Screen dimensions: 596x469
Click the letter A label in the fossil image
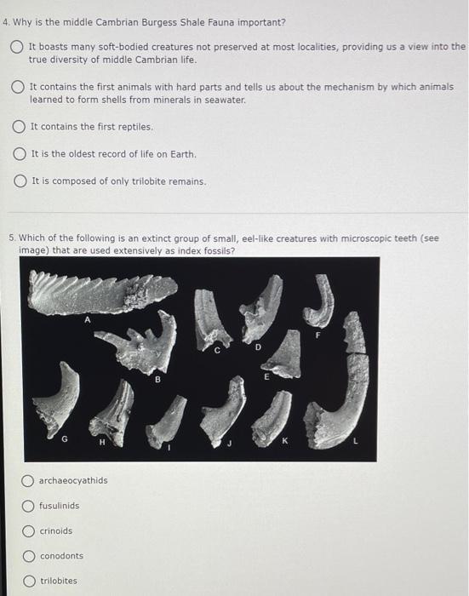(85, 320)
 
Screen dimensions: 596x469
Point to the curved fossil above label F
(321, 299)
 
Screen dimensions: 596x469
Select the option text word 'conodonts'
(61, 556)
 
